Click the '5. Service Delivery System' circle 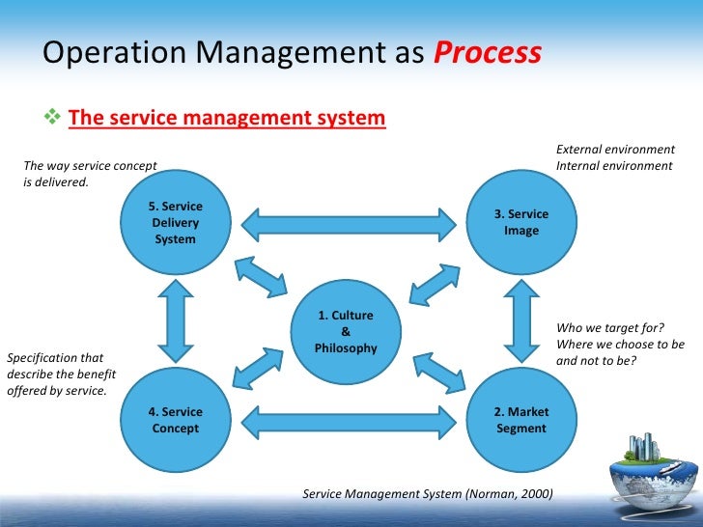(175, 222)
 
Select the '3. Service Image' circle (520, 222)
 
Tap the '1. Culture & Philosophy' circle (346, 331)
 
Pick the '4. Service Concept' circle (175, 421)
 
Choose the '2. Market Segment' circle (520, 421)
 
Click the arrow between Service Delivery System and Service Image (348, 224)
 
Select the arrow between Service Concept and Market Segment (348, 421)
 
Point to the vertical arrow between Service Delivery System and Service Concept (175, 320)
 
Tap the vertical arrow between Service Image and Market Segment (520, 320)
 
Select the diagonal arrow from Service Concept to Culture (258, 365)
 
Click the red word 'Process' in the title (487, 53)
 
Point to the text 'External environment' (615, 150)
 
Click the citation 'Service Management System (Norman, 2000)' (428, 493)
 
